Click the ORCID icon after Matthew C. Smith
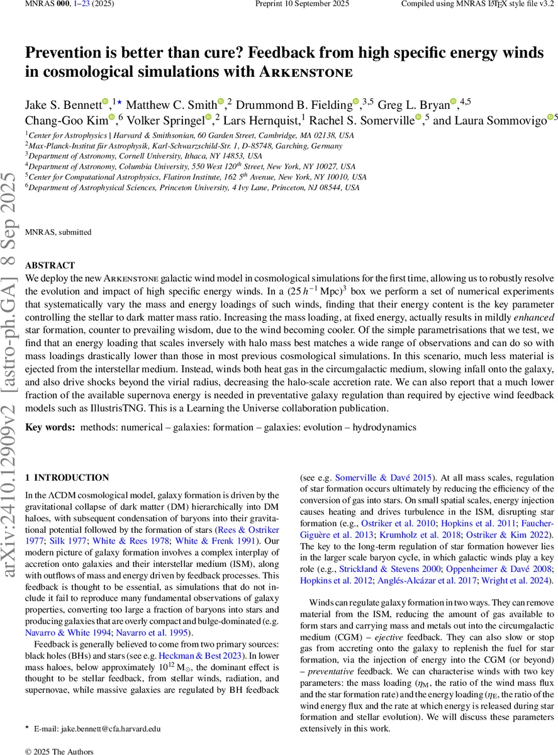[x=221, y=102]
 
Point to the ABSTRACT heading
[x=50, y=266]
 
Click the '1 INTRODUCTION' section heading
[x=67, y=478]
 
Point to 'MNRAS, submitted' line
[x=58, y=232]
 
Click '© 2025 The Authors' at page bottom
[x=59, y=751]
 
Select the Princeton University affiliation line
[x=192, y=187]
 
